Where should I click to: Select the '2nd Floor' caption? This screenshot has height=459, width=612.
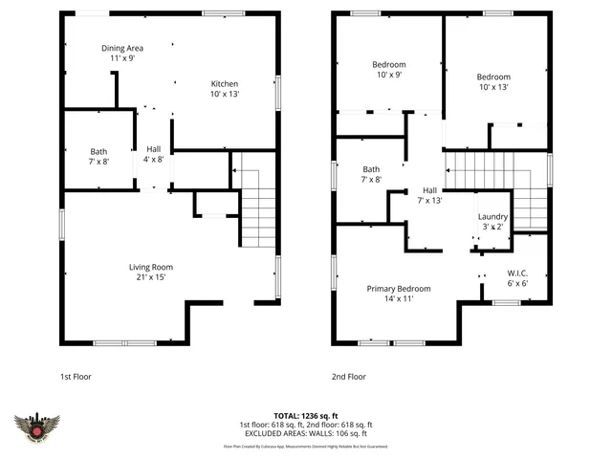click(348, 377)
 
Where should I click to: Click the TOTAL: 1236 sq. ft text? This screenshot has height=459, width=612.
click(306, 416)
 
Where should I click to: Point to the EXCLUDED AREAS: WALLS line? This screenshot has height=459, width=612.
click(306, 433)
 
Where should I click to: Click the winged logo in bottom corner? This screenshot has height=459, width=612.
click(37, 427)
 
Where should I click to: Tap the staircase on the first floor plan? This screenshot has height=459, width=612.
click(256, 215)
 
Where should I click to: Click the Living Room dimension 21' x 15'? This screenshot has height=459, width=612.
click(151, 278)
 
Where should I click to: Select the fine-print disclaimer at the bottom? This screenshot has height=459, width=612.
click(306, 447)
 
